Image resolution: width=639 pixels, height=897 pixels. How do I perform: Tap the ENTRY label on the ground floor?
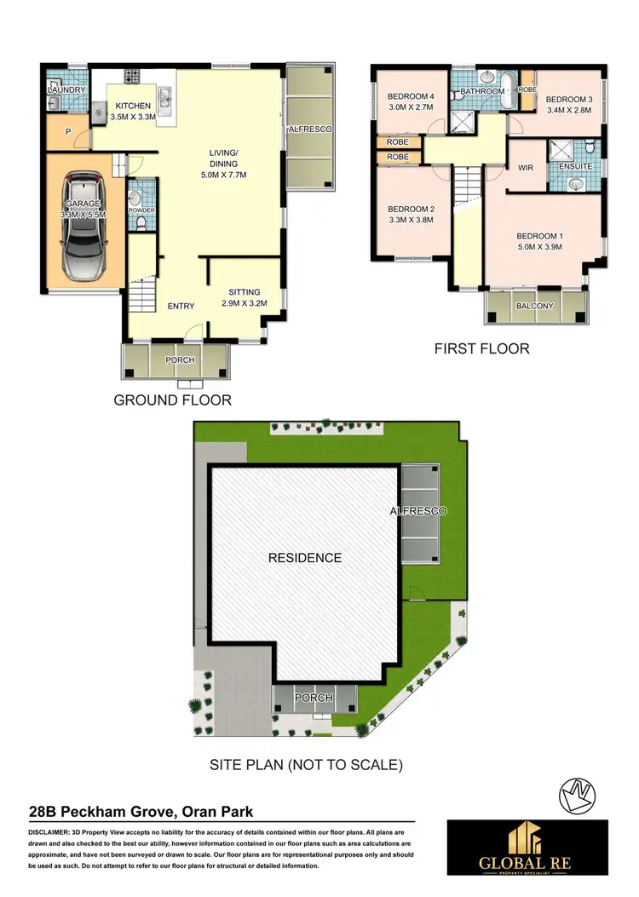pos(181,307)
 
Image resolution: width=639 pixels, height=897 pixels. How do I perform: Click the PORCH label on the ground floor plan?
pos(180,360)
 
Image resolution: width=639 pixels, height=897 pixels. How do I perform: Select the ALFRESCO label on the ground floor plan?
pos(308,129)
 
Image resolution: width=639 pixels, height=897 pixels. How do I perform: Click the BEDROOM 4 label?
pos(410,96)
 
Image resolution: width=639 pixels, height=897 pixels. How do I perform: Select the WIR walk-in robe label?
pos(525,168)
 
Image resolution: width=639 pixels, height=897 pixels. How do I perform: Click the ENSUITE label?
pos(575,167)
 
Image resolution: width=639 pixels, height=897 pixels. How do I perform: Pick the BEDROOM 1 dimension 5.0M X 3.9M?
pos(539,248)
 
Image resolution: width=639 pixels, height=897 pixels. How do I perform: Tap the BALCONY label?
pos(535,307)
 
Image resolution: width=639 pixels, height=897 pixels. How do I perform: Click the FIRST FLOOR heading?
pos(482,348)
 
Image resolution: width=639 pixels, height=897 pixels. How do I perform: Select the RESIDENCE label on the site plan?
pos(305,558)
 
